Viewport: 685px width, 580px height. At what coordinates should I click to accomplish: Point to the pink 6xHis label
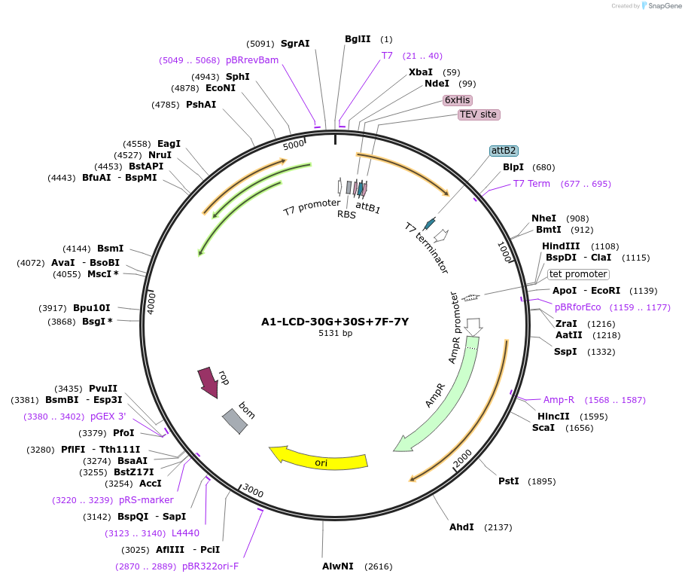pos(457,100)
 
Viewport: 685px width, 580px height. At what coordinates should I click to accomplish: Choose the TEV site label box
pos(478,114)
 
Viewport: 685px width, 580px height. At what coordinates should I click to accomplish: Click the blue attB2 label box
pos(503,151)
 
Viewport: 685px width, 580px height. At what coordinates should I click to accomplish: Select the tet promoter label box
pos(577,274)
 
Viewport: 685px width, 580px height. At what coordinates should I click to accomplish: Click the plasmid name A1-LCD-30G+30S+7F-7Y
pos(335,322)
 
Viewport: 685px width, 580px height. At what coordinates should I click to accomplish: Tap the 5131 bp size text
pos(335,333)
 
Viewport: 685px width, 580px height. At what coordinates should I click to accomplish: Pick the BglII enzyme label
pos(358,39)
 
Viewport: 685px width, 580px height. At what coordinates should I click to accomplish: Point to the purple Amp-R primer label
pos(559,400)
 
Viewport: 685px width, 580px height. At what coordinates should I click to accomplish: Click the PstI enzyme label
pos(509,481)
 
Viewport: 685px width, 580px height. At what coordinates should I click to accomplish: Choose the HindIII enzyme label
pos(561,246)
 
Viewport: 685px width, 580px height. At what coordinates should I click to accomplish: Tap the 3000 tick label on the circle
pos(253,492)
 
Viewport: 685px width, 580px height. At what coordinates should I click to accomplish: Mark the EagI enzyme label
pos(169,144)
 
